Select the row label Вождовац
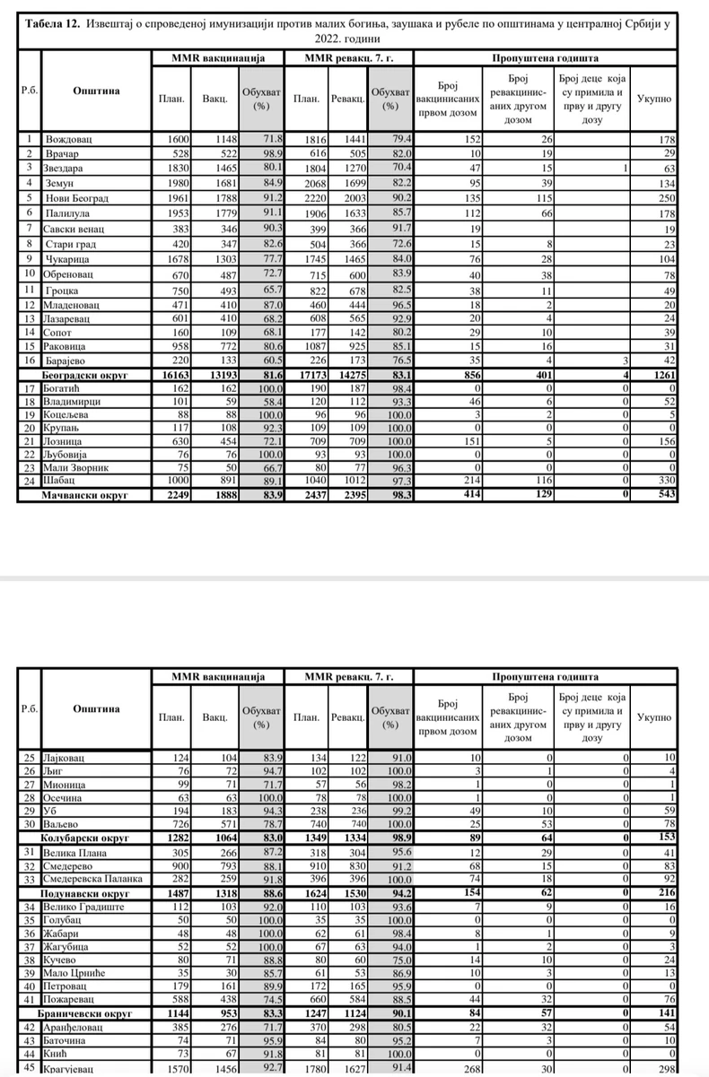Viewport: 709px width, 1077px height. click(69, 139)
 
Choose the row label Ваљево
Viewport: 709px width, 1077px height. click(63, 823)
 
